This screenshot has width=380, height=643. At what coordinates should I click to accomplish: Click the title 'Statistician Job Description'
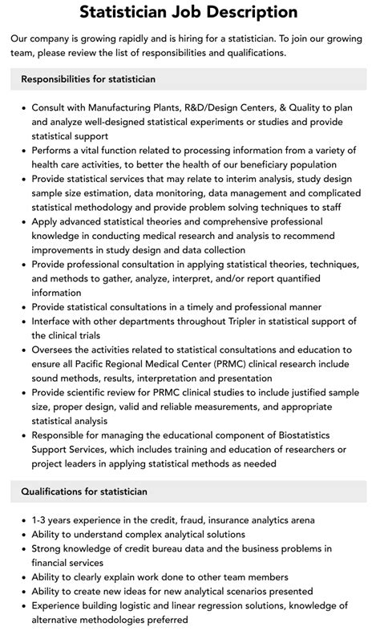[x=189, y=12]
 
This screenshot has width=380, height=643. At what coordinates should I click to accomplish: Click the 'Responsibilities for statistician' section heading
[x=88, y=79]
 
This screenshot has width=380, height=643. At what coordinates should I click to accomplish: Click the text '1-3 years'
[x=55, y=520]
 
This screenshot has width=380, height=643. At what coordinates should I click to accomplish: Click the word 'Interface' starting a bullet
[x=58, y=321]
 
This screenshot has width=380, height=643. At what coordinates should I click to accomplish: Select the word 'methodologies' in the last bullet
[x=120, y=620]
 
